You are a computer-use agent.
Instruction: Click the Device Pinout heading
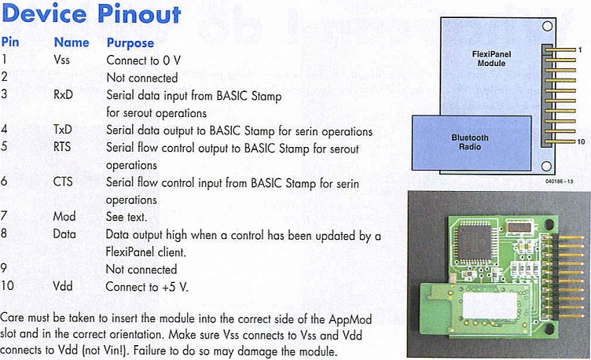pyautogui.click(x=91, y=14)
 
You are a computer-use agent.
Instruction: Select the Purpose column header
pyautogui.click(x=130, y=42)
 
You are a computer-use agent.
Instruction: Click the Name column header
pyautogui.click(x=71, y=42)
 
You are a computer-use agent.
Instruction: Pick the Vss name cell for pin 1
pyautogui.click(x=62, y=59)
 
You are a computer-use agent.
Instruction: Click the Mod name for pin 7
pyautogui.click(x=64, y=216)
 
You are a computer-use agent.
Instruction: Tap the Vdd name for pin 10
pyautogui.click(x=63, y=287)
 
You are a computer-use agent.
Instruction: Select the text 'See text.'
pyautogui.click(x=126, y=216)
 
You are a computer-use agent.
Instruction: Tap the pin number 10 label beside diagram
pyautogui.click(x=580, y=141)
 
